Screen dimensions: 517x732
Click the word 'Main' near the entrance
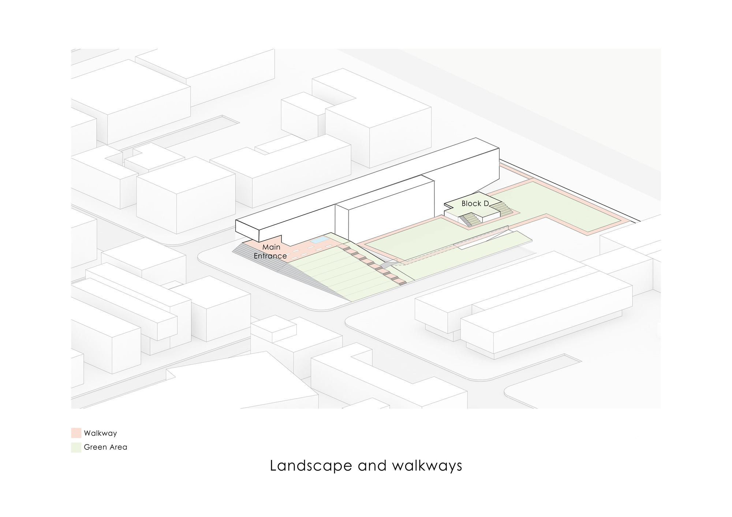pyautogui.click(x=271, y=247)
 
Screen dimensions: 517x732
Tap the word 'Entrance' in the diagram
pyautogui.click(x=270, y=256)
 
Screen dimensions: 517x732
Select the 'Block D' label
pyautogui.click(x=475, y=204)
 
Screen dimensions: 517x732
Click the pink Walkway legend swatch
pyautogui.click(x=76, y=433)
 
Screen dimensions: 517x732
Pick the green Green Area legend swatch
pyautogui.click(x=76, y=447)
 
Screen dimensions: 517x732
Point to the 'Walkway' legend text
pyautogui.click(x=100, y=433)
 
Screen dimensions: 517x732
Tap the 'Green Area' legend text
pyautogui.click(x=105, y=447)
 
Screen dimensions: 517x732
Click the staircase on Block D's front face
pyautogui.click(x=470, y=220)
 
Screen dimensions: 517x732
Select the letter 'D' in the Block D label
pyautogui.click(x=486, y=204)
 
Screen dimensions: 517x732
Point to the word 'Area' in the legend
pyautogui.click(x=118, y=447)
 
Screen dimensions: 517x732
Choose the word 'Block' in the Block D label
pyautogui.click(x=471, y=204)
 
